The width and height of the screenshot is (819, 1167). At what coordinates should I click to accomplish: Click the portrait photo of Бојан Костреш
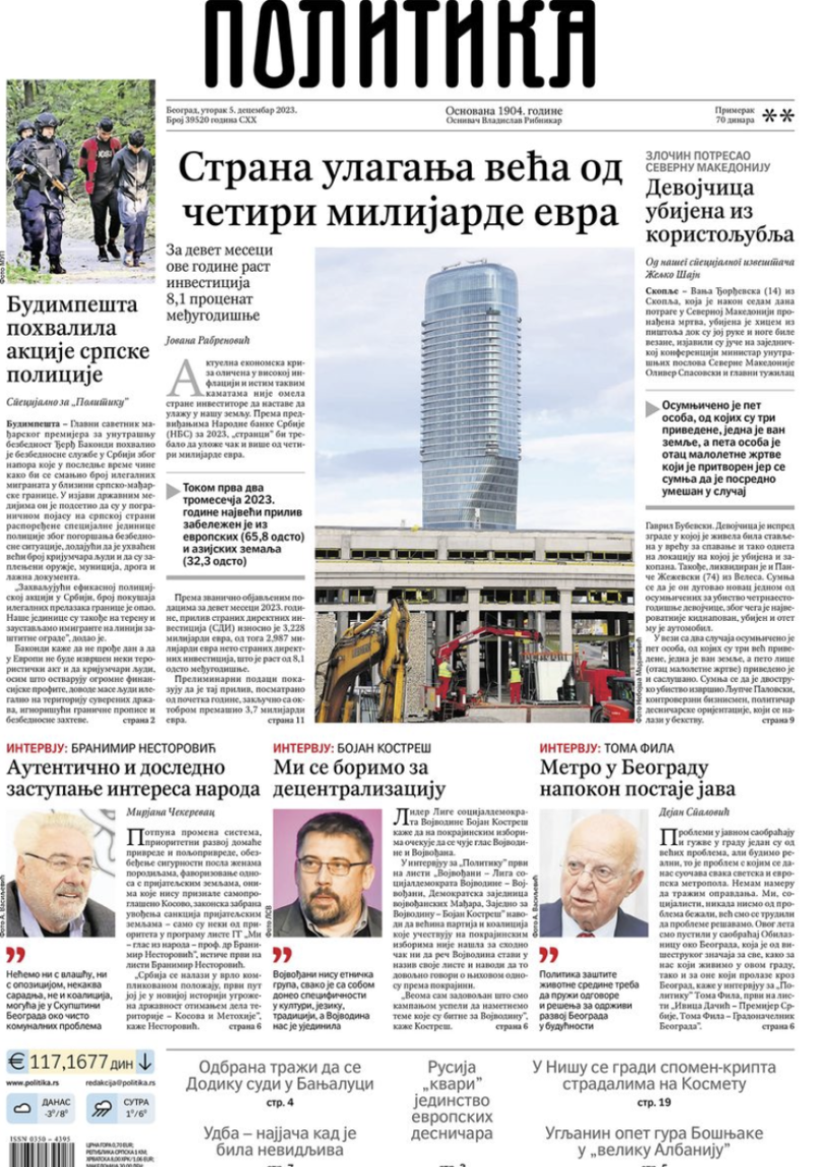[327, 873]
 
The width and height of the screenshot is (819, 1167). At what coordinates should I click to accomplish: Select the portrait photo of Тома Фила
[592, 873]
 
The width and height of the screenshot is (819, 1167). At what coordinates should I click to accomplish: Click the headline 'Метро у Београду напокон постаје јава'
[637, 778]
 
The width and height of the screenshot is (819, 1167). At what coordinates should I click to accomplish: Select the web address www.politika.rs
[33, 1083]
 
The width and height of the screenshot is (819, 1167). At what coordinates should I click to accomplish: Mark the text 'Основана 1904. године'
[503, 111]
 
